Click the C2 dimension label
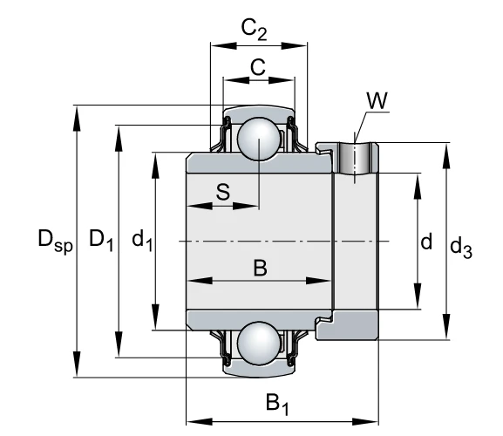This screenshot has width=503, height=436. (x=254, y=30)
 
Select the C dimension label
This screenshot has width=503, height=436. (x=258, y=67)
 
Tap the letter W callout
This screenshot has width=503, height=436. (x=377, y=100)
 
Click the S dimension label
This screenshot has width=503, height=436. (x=223, y=192)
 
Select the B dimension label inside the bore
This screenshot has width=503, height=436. (x=260, y=268)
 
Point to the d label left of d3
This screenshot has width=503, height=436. (x=426, y=242)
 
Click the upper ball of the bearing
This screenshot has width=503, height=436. (x=259, y=139)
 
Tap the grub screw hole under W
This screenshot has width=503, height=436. (x=355, y=158)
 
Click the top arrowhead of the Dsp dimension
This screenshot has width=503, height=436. (x=77, y=119)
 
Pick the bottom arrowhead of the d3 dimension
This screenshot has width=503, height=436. (x=446, y=327)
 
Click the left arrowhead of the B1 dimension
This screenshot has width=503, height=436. (x=200, y=421)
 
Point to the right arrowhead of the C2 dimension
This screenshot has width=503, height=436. (x=294, y=46)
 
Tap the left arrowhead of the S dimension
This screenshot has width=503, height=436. (x=200, y=206)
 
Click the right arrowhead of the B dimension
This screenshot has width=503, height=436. (x=318, y=281)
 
